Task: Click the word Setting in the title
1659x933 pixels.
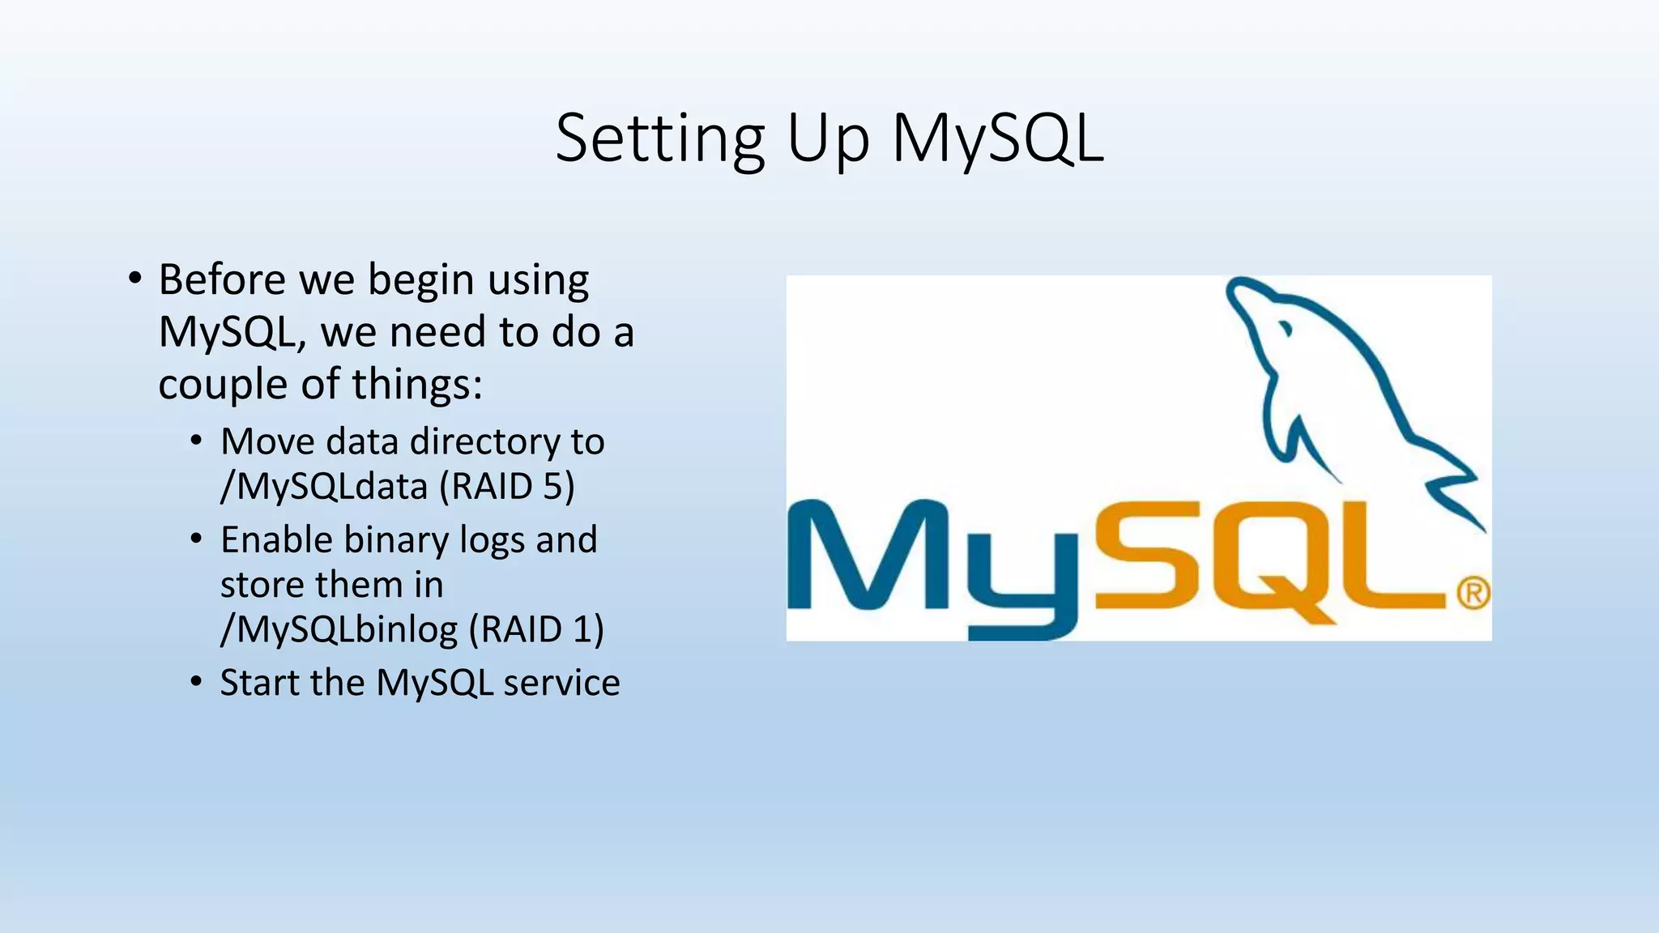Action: click(x=660, y=139)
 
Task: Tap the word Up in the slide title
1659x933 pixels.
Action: click(x=828, y=139)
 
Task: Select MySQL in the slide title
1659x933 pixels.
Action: click(x=998, y=139)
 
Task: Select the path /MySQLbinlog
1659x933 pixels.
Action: click(x=339, y=630)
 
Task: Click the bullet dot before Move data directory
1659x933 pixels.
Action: click(x=196, y=441)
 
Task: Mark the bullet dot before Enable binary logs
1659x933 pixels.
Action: click(x=196, y=539)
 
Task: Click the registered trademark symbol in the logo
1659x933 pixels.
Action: click(x=1473, y=594)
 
